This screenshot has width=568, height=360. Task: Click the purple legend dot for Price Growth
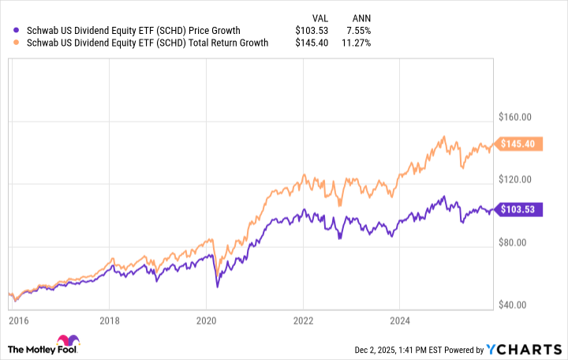(8, 30)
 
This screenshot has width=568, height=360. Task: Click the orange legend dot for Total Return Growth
(8, 43)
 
